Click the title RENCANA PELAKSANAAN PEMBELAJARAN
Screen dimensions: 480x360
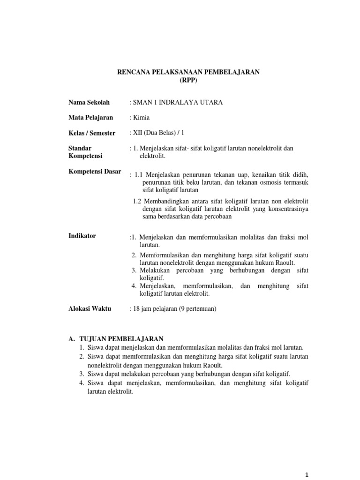pyautogui.click(x=188, y=72)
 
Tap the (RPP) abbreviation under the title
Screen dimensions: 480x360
pyautogui.click(x=188, y=80)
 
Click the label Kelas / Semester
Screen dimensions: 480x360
pyautogui.click(x=92, y=133)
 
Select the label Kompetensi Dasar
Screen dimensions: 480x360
pyautogui.click(x=95, y=171)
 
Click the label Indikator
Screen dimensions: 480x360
pyautogui.click(x=82, y=236)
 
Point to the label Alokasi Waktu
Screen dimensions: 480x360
pyautogui.click(x=90, y=309)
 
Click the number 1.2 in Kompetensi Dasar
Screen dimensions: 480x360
pyautogui.click(x=137, y=201)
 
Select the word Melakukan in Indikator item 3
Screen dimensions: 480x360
pyautogui.click(x=155, y=271)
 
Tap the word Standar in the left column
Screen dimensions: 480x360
pyautogui.click(x=79, y=148)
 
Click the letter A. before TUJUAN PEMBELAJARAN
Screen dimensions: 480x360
pyautogui.click(x=72, y=338)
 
